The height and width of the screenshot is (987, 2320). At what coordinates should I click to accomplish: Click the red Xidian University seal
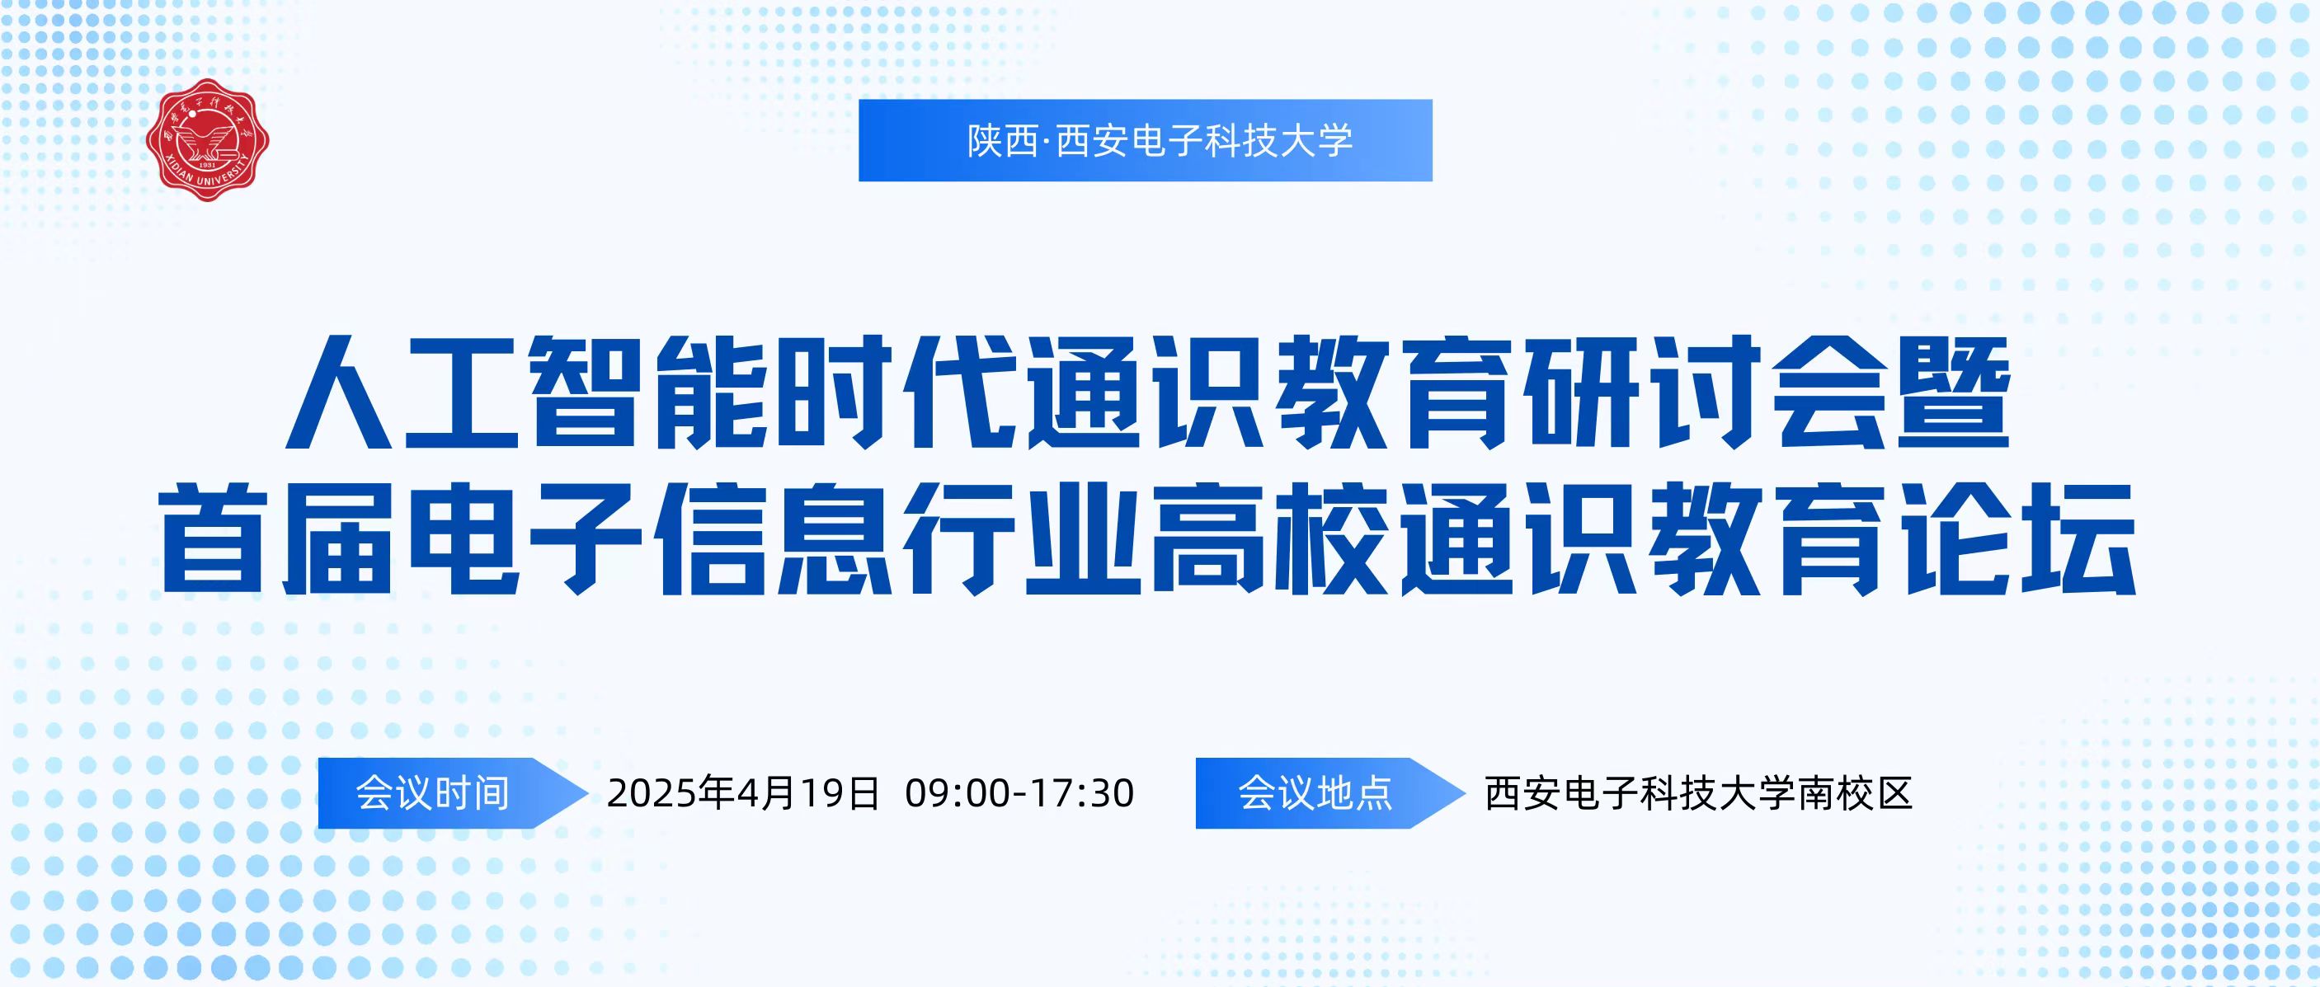tap(207, 139)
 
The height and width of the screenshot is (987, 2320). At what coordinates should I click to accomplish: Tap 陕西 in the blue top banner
tap(1002, 140)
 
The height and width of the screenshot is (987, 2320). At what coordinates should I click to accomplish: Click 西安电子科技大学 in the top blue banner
tap(1204, 140)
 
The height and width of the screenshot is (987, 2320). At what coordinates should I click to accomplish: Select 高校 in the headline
tap(1269, 538)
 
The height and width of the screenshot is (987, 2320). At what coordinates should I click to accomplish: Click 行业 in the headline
tap(1021, 538)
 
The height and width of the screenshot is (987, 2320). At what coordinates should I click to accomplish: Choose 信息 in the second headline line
tap(774, 538)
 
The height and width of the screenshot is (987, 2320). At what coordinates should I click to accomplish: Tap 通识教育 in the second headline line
tap(1642, 538)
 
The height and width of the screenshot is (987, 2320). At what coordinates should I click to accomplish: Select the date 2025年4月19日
tap(743, 793)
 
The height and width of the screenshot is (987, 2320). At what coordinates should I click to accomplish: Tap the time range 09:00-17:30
tap(1019, 793)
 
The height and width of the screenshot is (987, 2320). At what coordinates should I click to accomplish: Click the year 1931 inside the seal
tap(207, 166)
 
